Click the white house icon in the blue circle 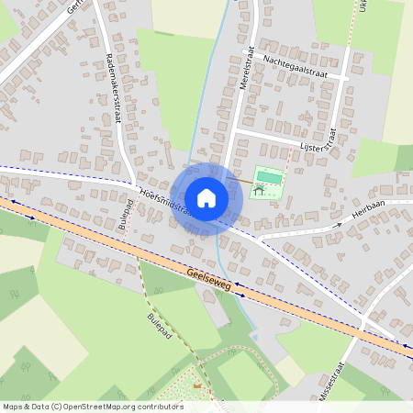(x=206, y=197)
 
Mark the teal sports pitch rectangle (x=266, y=176)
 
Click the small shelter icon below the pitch (x=259, y=191)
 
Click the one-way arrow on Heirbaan (x=338, y=223)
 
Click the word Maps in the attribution (x=14, y=407)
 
